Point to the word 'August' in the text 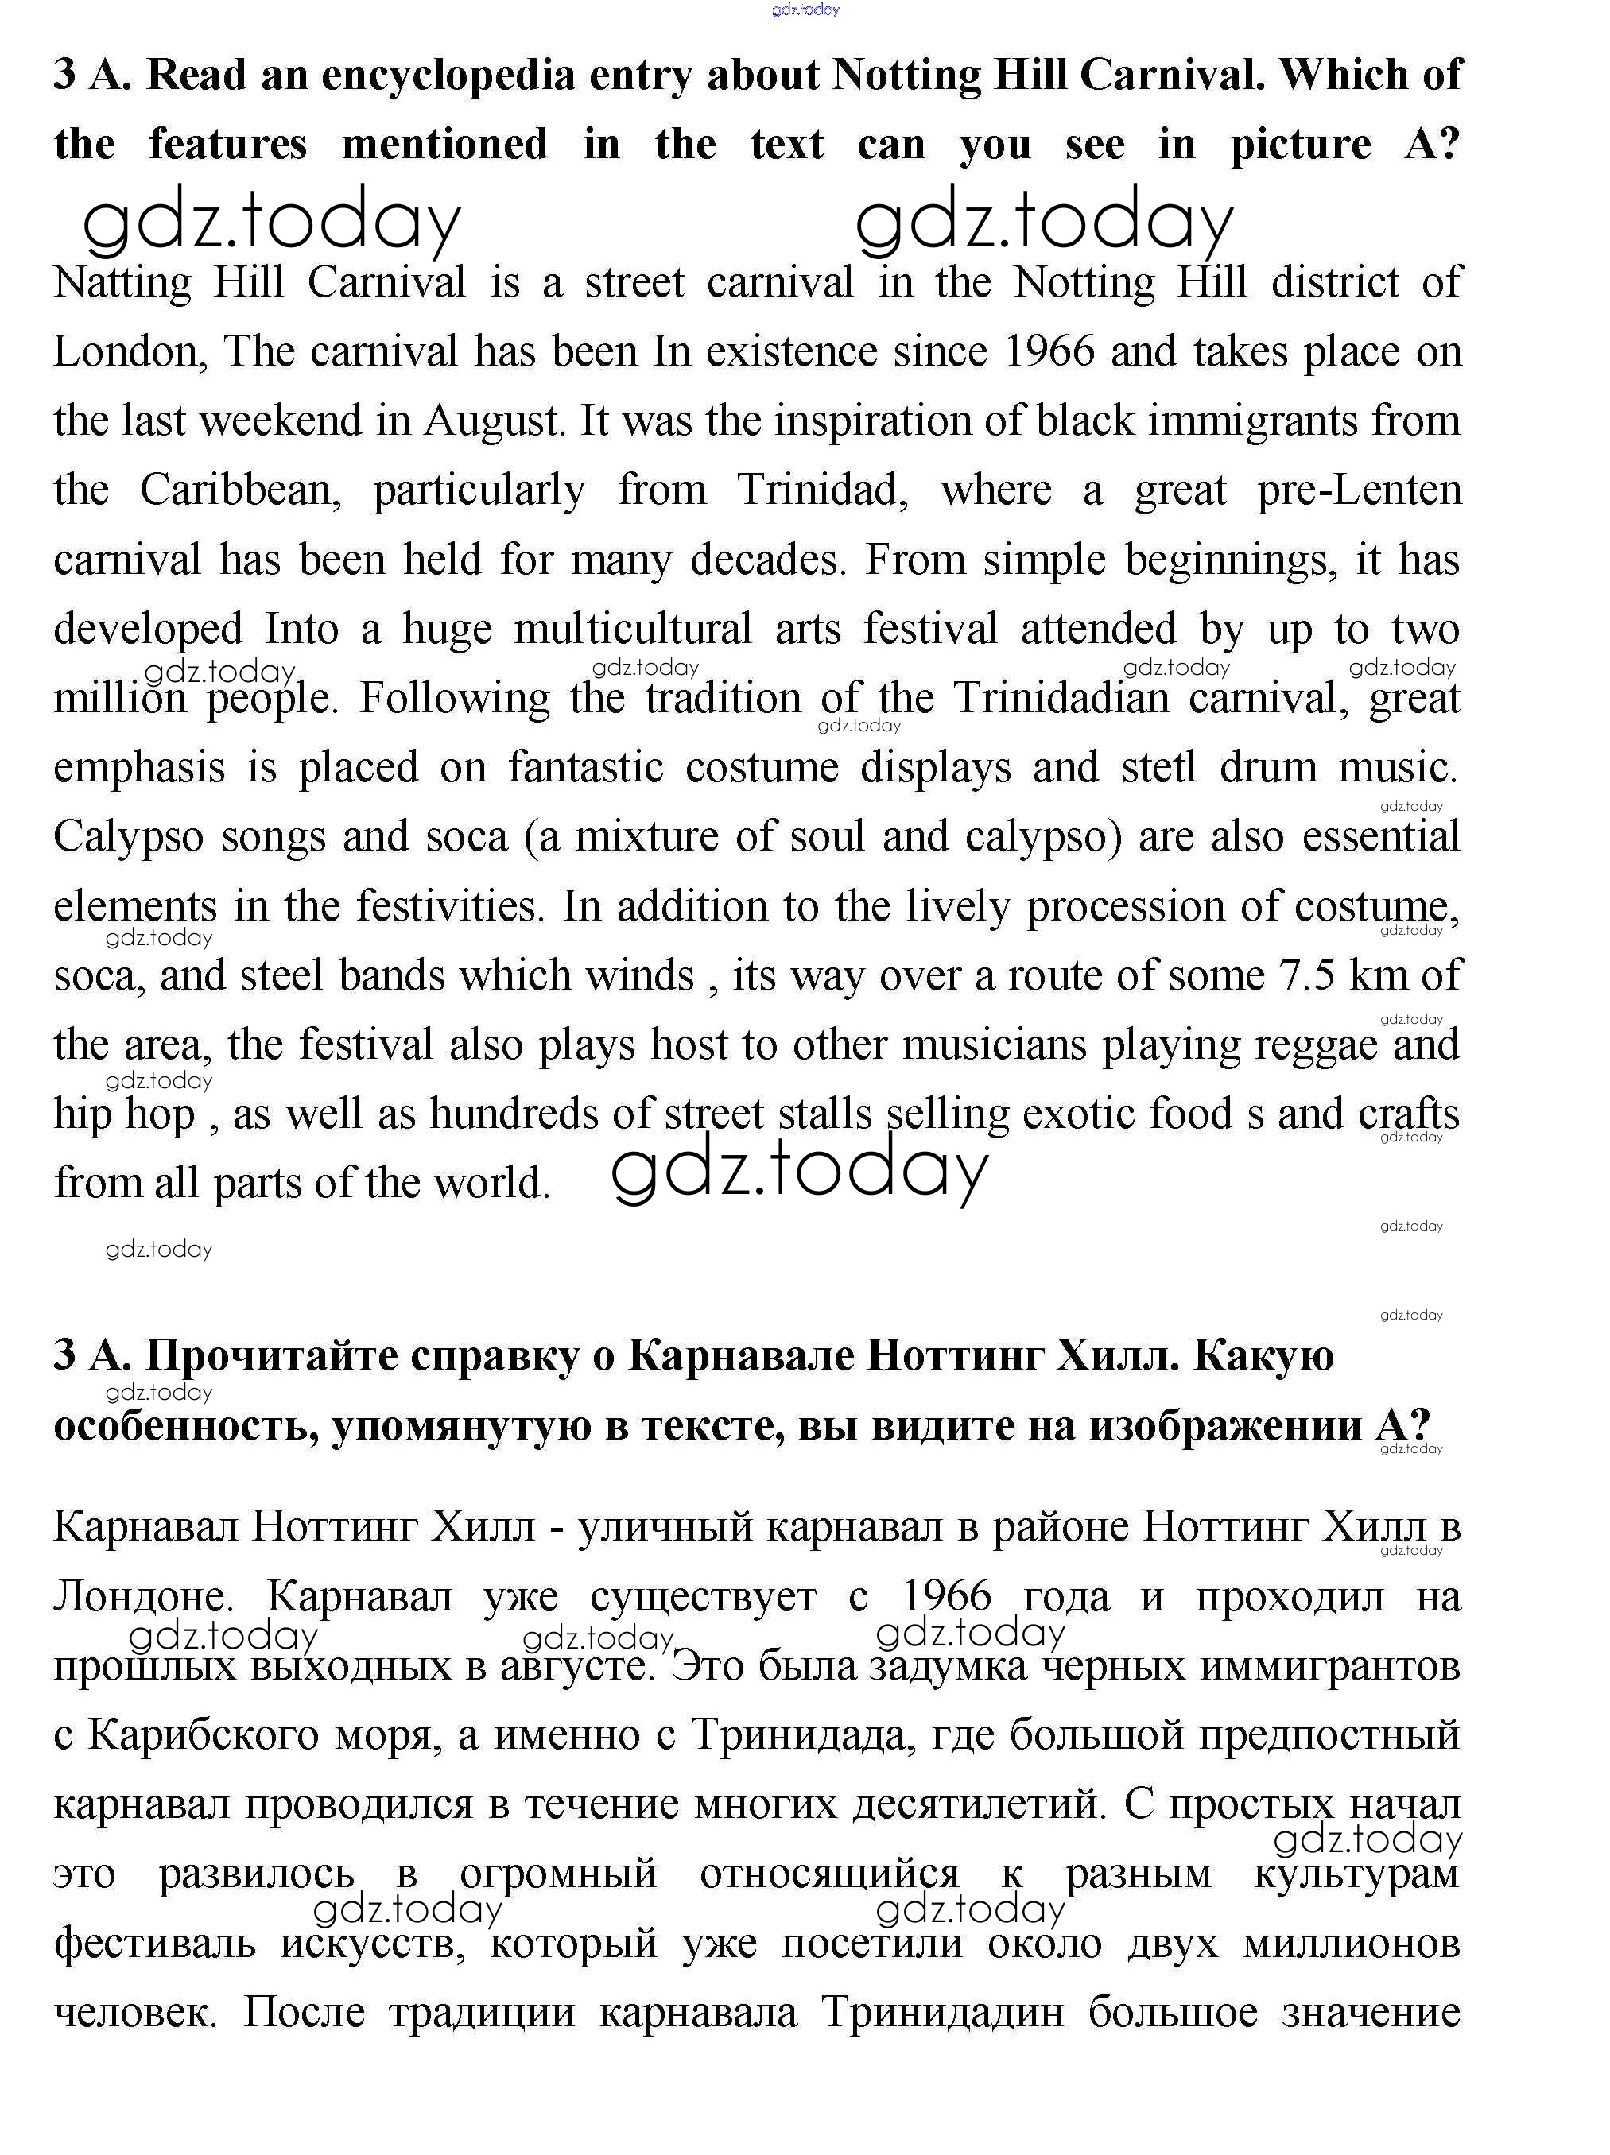[x=493, y=421]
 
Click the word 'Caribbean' [x=240, y=490]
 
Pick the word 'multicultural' [x=633, y=630]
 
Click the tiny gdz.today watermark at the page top [x=805, y=10]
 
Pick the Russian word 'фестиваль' [x=154, y=1944]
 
